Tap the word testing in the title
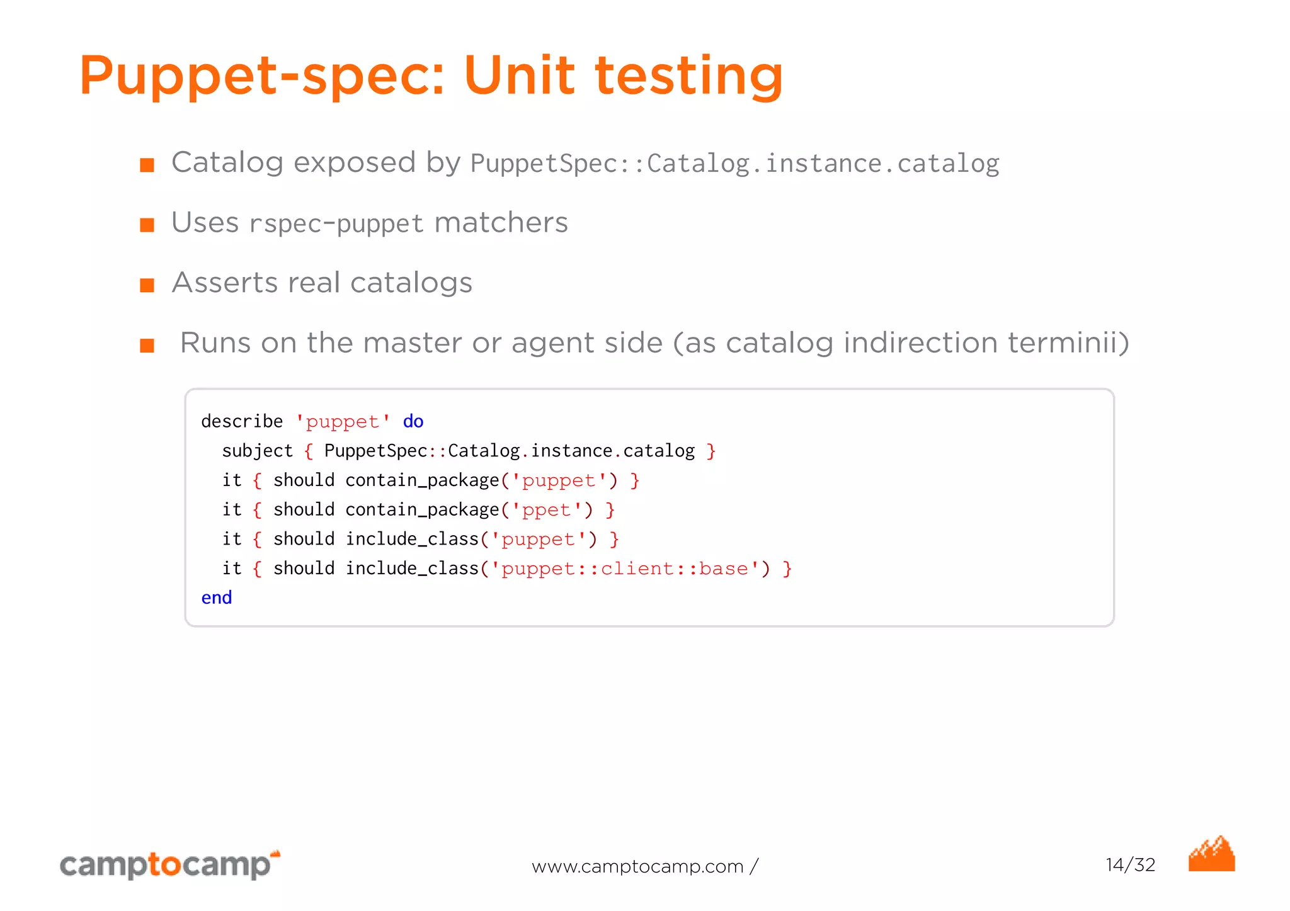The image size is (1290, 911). click(x=689, y=77)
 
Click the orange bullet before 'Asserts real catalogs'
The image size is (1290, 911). click(x=147, y=286)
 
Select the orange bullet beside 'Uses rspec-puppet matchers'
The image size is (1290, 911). click(x=147, y=225)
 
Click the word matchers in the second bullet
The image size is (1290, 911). click(x=501, y=223)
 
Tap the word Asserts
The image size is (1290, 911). click(x=224, y=283)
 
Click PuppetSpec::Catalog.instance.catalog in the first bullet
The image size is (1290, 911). click(x=734, y=164)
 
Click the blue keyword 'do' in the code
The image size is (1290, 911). click(x=413, y=421)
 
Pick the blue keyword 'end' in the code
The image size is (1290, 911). click(x=216, y=597)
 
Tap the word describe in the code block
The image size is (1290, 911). click(x=242, y=421)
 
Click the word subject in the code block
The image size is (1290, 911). click(x=257, y=451)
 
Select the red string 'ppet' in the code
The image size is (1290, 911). click(x=546, y=510)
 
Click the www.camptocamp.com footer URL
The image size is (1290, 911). click(x=637, y=867)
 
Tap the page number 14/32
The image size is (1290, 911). click(x=1130, y=865)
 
